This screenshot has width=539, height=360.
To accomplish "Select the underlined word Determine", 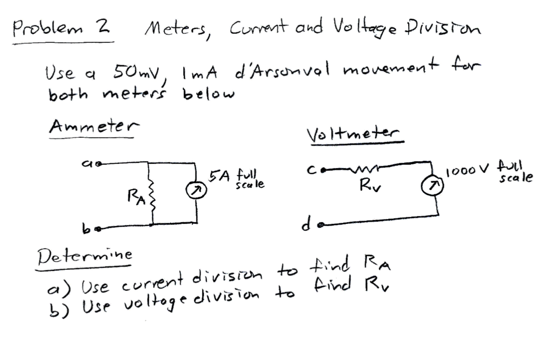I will [84, 257].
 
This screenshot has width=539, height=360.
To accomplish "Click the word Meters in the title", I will [177, 31].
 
